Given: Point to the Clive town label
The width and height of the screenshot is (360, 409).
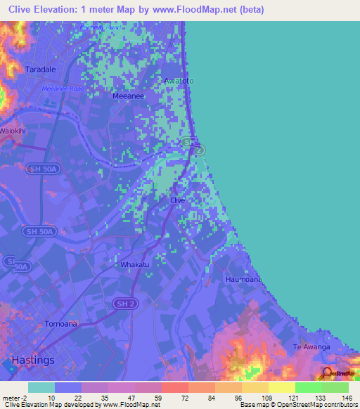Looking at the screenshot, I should (x=177, y=200).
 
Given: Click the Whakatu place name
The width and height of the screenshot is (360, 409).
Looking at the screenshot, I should (x=134, y=264).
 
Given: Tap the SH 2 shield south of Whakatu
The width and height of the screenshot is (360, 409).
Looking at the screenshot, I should (x=122, y=302).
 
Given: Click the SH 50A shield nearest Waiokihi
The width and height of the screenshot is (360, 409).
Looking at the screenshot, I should (x=39, y=169).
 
